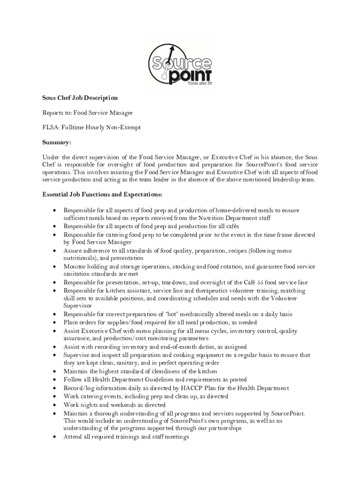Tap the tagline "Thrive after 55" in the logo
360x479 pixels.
tap(200, 85)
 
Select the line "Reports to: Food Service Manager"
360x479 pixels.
tap(88, 113)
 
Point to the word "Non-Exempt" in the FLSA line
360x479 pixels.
tap(125, 127)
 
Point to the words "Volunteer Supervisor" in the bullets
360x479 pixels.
tap(299, 298)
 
